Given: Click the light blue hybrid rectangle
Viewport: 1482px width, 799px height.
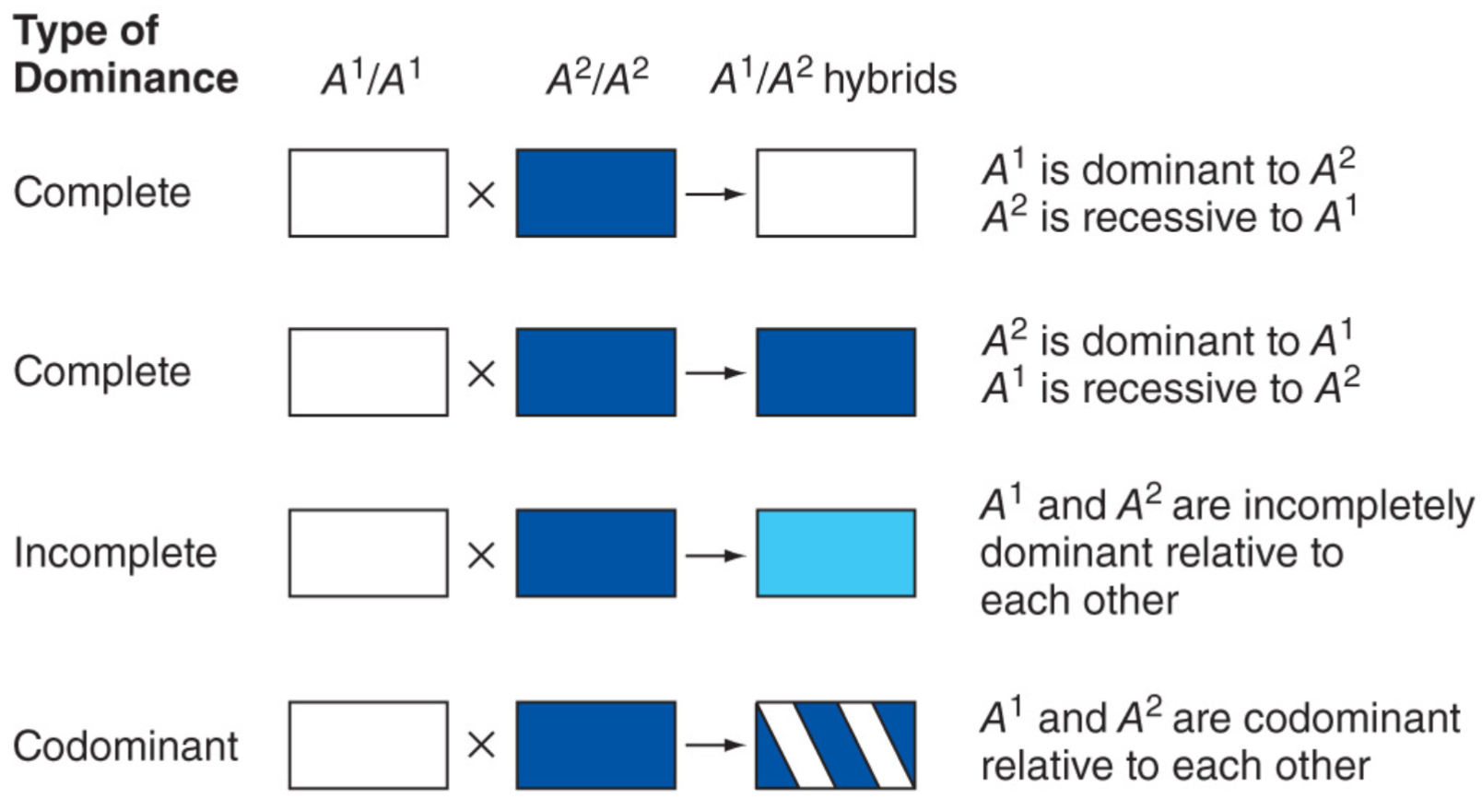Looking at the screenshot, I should [x=835, y=553].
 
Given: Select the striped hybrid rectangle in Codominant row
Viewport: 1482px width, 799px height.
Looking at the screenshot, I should [x=835, y=745].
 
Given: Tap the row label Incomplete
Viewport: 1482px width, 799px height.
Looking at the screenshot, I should [x=115, y=553].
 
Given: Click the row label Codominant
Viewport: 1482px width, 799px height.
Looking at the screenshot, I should [x=125, y=746].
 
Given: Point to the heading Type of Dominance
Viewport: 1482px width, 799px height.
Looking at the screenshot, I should [x=125, y=55].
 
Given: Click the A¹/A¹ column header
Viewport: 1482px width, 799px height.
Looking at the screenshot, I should [x=370, y=79].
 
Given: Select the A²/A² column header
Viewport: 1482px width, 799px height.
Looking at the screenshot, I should [x=597, y=79].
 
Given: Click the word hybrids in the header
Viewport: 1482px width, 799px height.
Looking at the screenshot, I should [x=889, y=80].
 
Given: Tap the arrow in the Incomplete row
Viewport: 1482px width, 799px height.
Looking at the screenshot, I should [x=715, y=556].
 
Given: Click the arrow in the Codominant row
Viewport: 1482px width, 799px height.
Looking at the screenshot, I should [x=715, y=745].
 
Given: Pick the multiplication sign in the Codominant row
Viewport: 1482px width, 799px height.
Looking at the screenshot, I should [x=481, y=745].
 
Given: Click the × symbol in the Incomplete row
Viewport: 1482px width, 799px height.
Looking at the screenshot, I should [x=481, y=556].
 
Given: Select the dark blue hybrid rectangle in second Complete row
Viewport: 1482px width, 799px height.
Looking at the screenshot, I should [x=835, y=372].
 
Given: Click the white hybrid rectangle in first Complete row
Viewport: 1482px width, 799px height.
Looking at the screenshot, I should [x=835, y=194].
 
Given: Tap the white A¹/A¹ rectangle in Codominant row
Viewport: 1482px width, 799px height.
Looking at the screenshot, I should [x=368, y=745].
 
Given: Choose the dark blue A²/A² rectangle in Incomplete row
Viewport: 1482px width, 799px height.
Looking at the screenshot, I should [x=595, y=553].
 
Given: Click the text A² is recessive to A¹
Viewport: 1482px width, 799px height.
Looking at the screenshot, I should [x=1169, y=218].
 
